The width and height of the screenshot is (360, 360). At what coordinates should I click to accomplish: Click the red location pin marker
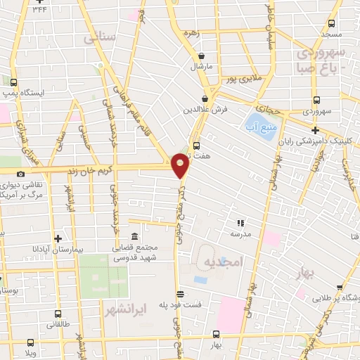click(181, 165)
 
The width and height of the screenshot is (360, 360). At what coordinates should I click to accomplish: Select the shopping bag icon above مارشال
click(202, 56)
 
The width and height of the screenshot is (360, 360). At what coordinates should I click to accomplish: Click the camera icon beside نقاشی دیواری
click(20, 174)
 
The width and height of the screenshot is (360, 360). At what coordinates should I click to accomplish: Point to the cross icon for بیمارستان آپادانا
click(58, 238)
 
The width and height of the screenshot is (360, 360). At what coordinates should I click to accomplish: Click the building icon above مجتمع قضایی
click(134, 237)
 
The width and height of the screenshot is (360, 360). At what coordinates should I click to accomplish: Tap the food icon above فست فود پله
click(180, 294)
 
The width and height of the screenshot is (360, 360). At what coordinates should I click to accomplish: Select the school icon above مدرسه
click(240, 222)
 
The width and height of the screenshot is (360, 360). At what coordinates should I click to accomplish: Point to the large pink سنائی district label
click(98, 38)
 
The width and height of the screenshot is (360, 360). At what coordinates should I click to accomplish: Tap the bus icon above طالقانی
click(58, 314)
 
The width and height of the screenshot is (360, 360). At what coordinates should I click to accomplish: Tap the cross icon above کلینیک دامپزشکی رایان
click(316, 130)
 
